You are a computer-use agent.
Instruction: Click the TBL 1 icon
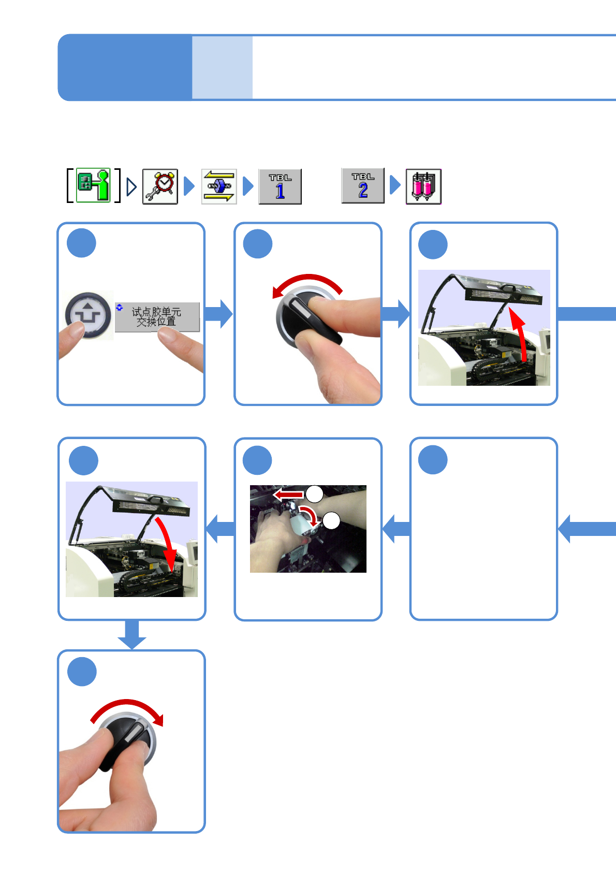pyautogui.click(x=280, y=186)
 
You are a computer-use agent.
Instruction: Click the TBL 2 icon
pyautogui.click(x=363, y=185)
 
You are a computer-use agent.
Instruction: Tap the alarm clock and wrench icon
pyautogui.click(x=160, y=186)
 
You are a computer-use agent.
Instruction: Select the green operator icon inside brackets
pyautogui.click(x=94, y=185)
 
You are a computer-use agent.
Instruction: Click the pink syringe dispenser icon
pyautogui.click(x=423, y=186)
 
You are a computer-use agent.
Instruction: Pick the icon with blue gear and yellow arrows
pyautogui.click(x=219, y=186)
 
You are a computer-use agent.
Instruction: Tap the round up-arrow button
pyautogui.click(x=89, y=314)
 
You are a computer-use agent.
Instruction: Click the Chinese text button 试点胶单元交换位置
pyautogui.click(x=157, y=316)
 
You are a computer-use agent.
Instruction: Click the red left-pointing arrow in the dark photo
pyautogui.click(x=288, y=495)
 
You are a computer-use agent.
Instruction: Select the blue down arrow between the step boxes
pyautogui.click(x=132, y=635)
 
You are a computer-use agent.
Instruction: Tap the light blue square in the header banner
pyautogui.click(x=222, y=67)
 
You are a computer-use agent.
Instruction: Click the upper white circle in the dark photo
pyautogui.click(x=314, y=493)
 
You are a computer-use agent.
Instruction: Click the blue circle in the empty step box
pyautogui.click(x=433, y=460)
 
